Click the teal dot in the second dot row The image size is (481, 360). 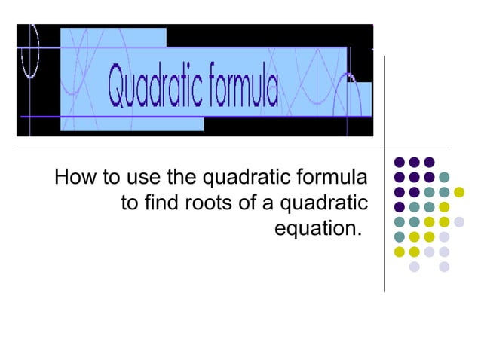click(x=444, y=177)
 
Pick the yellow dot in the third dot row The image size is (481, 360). click(x=459, y=192)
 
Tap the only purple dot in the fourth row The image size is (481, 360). click(x=400, y=207)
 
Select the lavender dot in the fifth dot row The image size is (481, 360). click(x=459, y=221)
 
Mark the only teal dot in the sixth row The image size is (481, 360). click(x=400, y=236)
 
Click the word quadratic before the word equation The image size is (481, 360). click(x=323, y=203)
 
